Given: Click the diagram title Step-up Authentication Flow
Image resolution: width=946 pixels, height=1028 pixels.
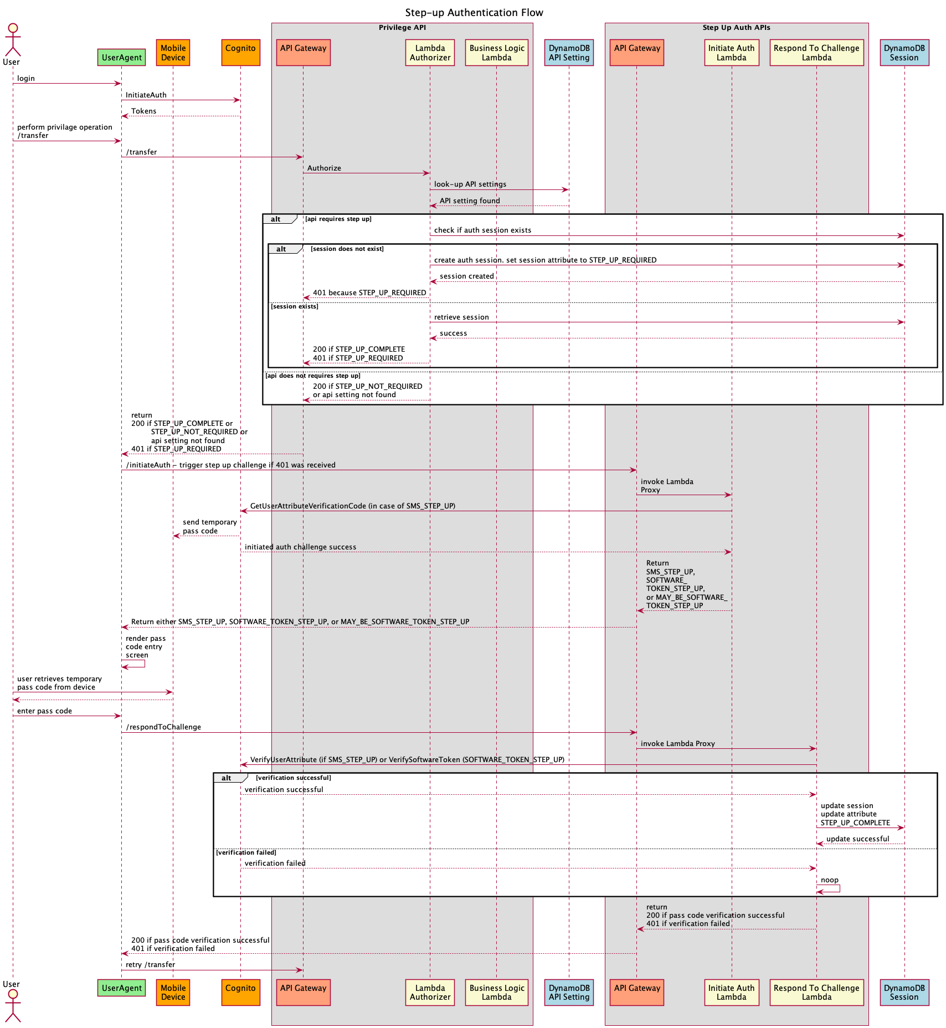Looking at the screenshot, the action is coord(474,13).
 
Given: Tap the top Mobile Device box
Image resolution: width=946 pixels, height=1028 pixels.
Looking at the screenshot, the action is coord(173,53).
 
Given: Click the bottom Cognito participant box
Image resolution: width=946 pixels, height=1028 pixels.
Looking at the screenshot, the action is coord(240,992).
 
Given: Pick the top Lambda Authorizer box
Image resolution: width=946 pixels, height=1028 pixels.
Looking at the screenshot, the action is coord(430,53).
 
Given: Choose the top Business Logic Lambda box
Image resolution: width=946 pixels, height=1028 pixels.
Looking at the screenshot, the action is coord(497,53).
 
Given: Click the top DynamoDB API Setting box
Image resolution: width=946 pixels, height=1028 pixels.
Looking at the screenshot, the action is coord(569,53).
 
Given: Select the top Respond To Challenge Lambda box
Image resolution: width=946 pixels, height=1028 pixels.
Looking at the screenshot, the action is coord(816,53).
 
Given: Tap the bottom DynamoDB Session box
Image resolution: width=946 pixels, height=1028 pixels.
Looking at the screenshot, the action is coord(904,992).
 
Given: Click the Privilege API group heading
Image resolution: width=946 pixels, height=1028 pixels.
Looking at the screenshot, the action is coord(402,28).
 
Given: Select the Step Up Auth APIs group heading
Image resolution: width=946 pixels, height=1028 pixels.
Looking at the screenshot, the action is coord(736,28).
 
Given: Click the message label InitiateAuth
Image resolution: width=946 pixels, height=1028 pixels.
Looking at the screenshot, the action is coord(146,95).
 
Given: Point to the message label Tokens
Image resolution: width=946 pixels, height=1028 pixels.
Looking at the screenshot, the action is coord(143,111).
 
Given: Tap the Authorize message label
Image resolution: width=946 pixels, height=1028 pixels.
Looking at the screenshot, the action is coord(324,168).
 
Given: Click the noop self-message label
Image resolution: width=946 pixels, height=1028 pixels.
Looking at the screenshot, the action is coord(829,880).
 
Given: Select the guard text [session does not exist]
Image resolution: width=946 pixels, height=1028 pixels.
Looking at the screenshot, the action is coord(347,249).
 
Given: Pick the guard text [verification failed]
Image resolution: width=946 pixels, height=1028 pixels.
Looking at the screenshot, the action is coord(246,852).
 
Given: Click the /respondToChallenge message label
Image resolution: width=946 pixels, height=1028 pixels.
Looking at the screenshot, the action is coord(163,727).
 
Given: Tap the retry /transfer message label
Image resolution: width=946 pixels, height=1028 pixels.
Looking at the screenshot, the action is coord(150,965).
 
